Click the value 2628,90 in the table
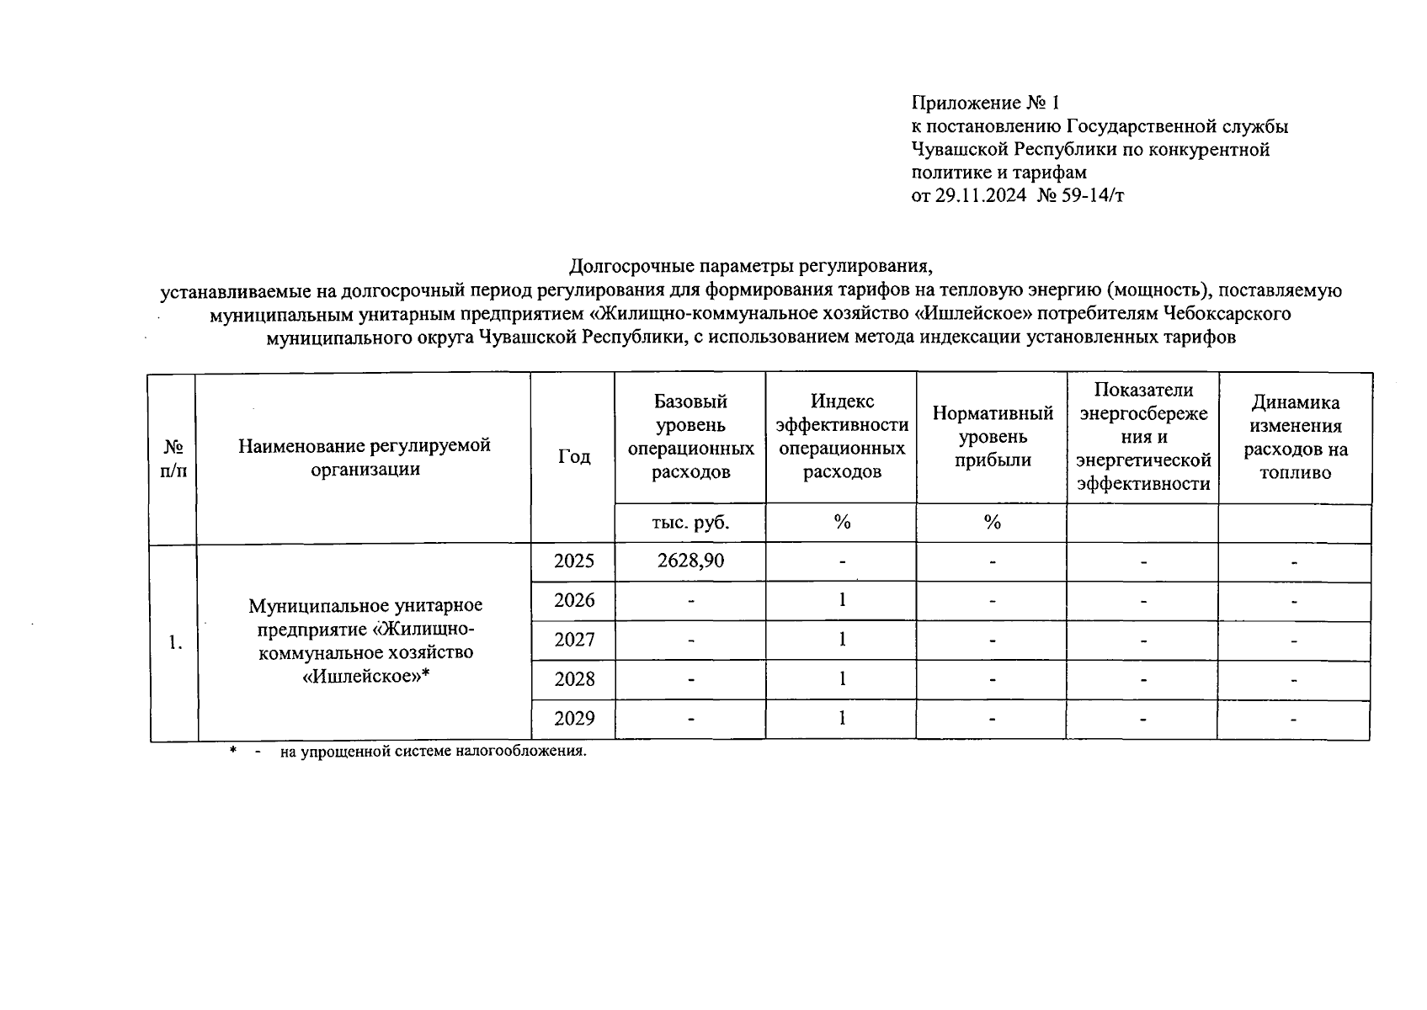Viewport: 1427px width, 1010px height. click(690, 561)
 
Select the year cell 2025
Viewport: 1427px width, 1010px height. click(574, 561)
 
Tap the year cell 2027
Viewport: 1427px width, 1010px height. click(574, 640)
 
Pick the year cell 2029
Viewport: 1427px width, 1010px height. click(574, 718)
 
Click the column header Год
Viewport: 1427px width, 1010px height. click(574, 456)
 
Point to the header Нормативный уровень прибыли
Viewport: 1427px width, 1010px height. click(993, 436)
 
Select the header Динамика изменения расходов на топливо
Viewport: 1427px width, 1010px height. click(1295, 437)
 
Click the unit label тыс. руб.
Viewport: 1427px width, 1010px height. click(690, 523)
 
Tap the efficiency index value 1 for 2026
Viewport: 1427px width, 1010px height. click(841, 599)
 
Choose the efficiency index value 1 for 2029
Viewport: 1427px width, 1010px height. click(841, 718)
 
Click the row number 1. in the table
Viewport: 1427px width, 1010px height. click(174, 643)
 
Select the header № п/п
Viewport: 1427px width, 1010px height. click(173, 457)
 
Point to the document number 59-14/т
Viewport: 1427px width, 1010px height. click(1094, 196)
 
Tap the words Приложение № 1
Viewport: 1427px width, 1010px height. click(985, 103)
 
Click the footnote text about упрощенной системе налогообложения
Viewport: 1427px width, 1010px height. click(433, 751)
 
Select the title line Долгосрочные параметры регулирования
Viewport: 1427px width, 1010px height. click(751, 267)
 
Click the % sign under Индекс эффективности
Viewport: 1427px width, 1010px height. click(841, 523)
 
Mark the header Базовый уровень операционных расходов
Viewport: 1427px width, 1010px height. click(690, 437)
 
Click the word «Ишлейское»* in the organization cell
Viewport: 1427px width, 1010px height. click(365, 675)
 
